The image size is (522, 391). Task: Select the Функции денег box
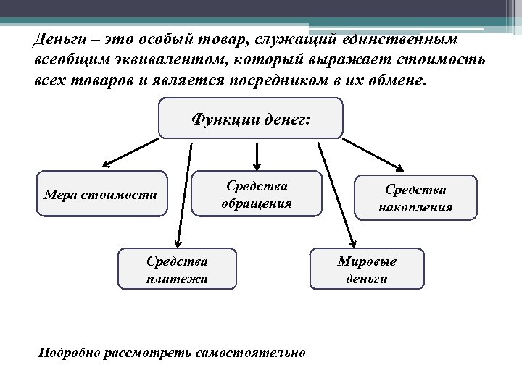tap(250, 118)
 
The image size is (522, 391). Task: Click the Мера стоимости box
tap(101, 194)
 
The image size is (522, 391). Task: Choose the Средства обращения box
tap(256, 194)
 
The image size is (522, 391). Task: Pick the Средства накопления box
tap(415, 197)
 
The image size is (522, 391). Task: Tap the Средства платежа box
tap(176, 269)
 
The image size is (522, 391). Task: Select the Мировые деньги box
tap(367, 269)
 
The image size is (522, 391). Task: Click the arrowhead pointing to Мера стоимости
tap(104, 165)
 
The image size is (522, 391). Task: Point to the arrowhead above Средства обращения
tap(256, 164)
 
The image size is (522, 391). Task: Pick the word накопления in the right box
tap(415, 206)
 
